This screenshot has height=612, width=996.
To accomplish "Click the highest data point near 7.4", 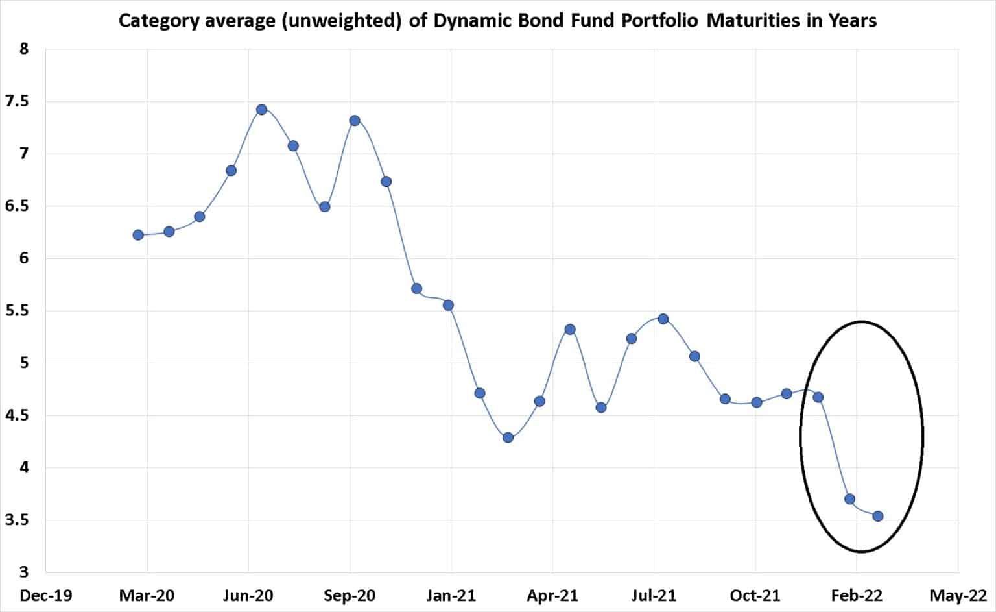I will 261,109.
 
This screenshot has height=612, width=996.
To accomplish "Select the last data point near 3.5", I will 878,516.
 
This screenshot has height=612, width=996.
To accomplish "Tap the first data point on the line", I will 137,235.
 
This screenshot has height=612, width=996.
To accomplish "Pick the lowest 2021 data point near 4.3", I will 508,437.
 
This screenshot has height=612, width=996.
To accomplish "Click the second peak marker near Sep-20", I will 355,121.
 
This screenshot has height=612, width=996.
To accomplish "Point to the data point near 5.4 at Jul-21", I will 663,319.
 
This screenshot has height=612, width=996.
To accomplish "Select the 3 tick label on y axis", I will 24,572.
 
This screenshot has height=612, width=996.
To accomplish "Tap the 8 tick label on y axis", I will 24,49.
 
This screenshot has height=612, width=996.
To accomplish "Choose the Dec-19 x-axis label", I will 46,595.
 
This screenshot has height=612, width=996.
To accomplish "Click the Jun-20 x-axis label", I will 248,595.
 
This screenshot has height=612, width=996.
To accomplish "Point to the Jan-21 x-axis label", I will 451,595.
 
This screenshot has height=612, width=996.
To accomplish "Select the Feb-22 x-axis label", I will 857,595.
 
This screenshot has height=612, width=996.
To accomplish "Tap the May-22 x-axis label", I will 958,595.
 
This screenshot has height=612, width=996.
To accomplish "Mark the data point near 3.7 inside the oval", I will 849,499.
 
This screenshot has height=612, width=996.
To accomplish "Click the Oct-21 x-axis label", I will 755,595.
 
